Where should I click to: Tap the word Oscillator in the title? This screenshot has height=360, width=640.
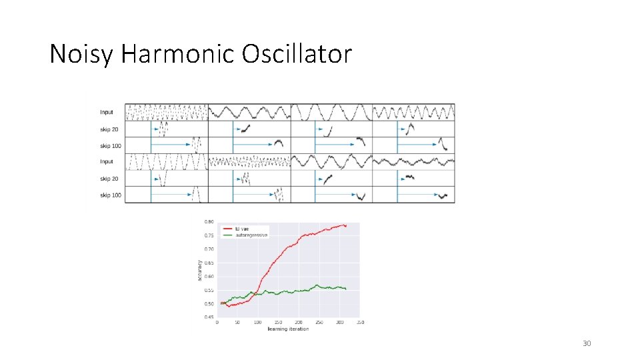point(297,54)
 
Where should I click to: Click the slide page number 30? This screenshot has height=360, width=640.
point(587,343)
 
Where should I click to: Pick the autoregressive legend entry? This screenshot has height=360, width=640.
point(249,235)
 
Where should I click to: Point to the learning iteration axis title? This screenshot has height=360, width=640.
point(288,329)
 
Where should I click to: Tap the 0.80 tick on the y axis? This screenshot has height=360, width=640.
point(209,222)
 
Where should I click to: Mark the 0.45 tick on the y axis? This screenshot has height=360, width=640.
point(209,317)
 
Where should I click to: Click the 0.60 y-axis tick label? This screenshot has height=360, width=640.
point(209,276)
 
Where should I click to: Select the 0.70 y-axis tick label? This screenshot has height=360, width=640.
point(209,249)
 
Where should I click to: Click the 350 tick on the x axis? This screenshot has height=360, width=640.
point(361,323)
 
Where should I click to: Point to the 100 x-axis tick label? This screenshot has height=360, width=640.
point(258,323)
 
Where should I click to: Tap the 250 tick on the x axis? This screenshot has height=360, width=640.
point(319,323)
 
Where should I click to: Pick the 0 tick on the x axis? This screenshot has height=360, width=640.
point(217,323)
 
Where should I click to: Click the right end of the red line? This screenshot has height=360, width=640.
point(346,225)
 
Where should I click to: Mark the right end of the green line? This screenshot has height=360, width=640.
point(346,289)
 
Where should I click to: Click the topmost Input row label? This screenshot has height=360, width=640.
point(107,112)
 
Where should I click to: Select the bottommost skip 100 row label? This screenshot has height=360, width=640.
point(111,195)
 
